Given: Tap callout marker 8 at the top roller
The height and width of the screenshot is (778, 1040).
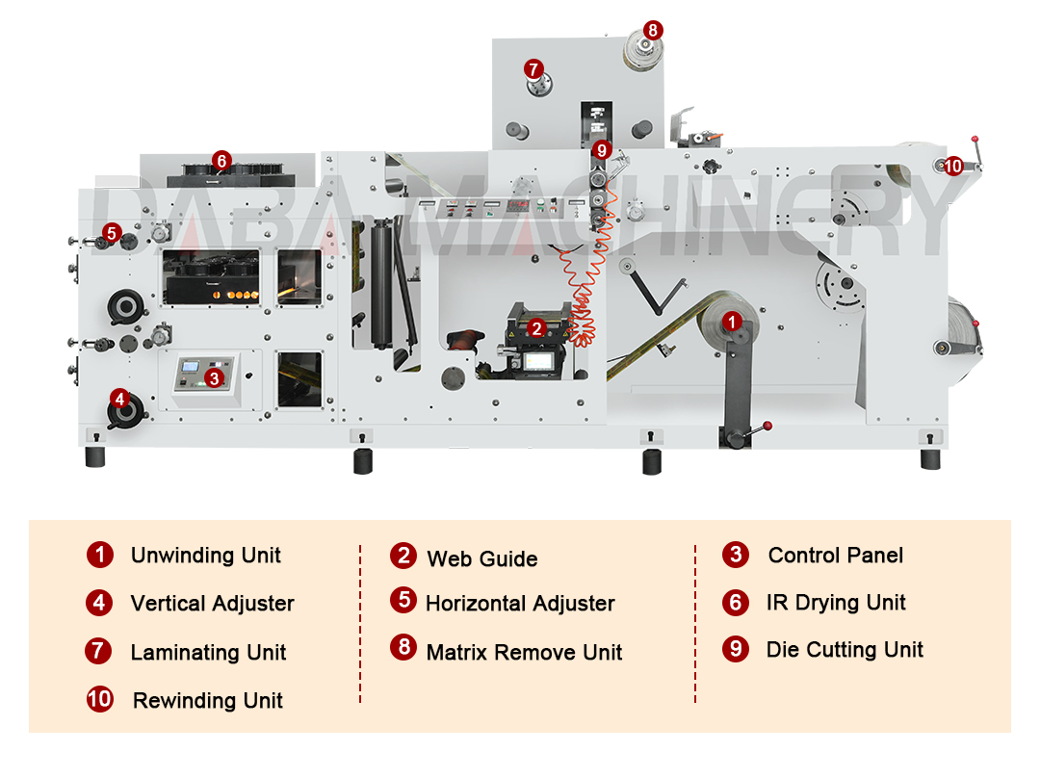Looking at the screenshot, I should click(652, 30).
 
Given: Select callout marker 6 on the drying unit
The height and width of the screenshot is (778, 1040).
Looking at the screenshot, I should click(221, 161).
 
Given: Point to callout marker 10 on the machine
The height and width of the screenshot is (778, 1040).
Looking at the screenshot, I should click(952, 166).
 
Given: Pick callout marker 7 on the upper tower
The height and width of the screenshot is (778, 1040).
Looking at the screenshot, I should click(533, 68).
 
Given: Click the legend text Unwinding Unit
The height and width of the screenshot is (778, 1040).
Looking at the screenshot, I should click(205, 556).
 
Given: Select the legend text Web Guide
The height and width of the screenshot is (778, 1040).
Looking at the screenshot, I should click(481, 558).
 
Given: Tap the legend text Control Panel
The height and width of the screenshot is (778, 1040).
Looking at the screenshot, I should click(835, 556).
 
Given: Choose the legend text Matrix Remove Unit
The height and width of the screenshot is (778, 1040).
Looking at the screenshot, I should click(524, 653).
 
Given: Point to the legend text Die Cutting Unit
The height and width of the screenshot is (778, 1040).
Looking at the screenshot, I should click(845, 650).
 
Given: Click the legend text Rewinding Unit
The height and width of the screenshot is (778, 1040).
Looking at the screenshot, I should click(207, 701).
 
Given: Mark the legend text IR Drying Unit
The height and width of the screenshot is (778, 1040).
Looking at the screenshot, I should click(836, 603).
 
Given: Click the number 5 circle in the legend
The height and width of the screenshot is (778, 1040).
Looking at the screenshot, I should click(403, 601).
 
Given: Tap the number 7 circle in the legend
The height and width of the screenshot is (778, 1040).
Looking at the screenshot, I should click(99, 651).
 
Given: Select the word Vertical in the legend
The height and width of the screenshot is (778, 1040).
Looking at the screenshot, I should click(168, 604).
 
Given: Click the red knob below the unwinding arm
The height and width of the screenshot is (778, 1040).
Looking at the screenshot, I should click(768, 426).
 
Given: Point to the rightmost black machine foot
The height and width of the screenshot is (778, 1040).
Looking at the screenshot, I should click(930, 458).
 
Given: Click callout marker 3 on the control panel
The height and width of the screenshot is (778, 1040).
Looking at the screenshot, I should click(215, 378).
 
